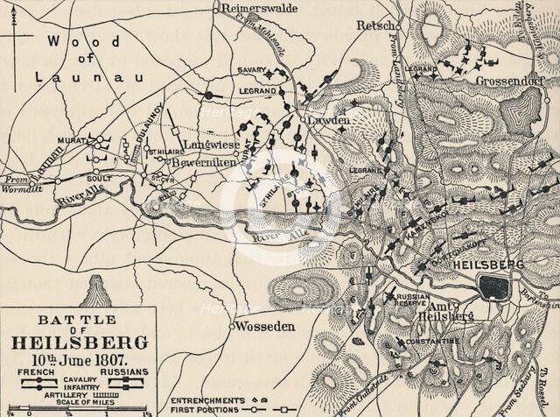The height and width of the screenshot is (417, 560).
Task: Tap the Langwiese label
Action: click(x=208, y=145)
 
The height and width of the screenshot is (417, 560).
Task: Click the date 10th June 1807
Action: click(x=77, y=358)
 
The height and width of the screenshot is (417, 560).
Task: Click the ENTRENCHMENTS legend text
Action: click(x=204, y=399)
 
